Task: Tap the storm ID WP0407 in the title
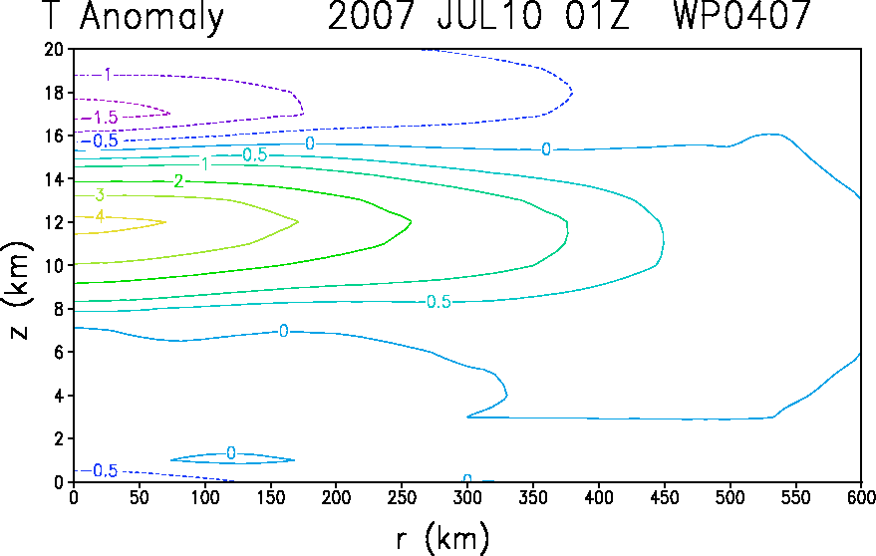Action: (741, 15)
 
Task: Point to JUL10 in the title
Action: (489, 15)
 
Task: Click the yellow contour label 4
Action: (100, 216)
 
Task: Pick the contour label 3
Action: (100, 195)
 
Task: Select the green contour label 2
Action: (178, 181)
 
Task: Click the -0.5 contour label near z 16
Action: (101, 140)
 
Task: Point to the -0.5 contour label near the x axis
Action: (101, 471)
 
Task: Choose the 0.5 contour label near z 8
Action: (438, 302)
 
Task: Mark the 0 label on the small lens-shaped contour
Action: (231, 453)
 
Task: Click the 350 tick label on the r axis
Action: (533, 497)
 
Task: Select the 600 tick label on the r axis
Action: (861, 497)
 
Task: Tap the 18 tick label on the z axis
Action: (54, 93)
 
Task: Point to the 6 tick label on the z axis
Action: (59, 353)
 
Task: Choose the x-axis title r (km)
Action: (441, 538)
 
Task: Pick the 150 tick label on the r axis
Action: (270, 497)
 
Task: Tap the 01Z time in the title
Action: (597, 15)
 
